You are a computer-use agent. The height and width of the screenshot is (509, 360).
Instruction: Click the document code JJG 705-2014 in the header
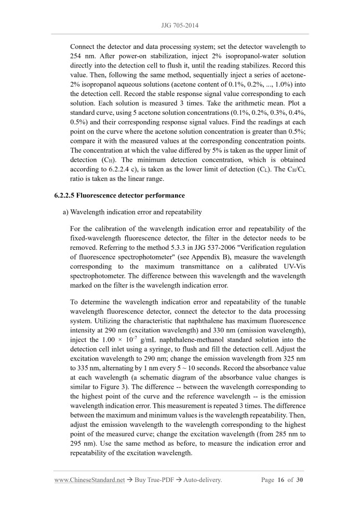[x=180, y=25]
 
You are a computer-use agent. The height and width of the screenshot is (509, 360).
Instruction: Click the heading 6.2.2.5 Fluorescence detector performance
[x=119, y=196]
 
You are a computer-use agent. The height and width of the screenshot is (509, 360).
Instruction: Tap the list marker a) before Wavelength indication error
[x=65, y=212]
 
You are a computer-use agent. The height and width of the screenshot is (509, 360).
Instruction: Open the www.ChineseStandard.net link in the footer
[x=89, y=480]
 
